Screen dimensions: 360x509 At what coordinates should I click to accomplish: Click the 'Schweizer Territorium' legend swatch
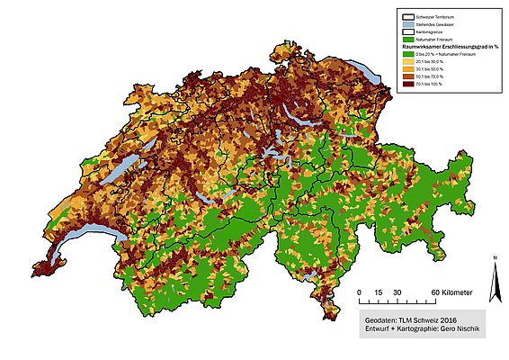point(409,17)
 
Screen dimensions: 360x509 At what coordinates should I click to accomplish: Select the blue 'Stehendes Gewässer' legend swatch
point(409,23)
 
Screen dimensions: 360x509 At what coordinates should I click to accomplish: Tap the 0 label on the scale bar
point(359,293)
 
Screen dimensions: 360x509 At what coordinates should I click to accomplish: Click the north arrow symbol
point(494,283)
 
